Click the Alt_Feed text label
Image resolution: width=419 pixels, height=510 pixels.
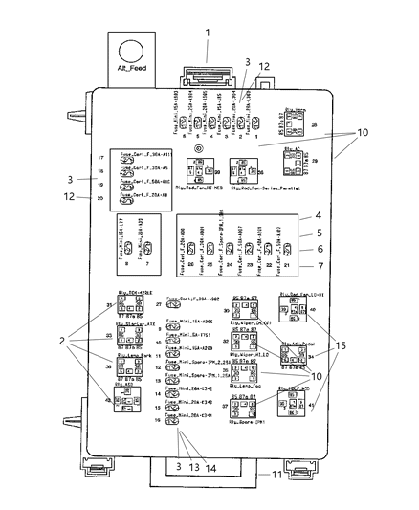pos(131,68)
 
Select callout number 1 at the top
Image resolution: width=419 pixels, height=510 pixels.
pos(207,31)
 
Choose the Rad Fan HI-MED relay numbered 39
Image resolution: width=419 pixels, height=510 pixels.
pos(199,171)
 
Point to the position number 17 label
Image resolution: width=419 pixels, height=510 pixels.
pos(99,156)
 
